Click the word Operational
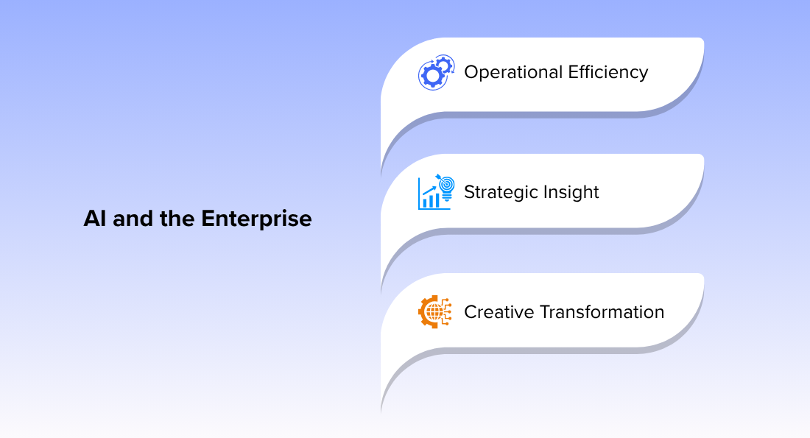pyautogui.click(x=513, y=73)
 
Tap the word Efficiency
pyautogui.click(x=608, y=73)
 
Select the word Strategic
pyautogui.click(x=501, y=193)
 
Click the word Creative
pyautogui.click(x=499, y=312)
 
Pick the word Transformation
pyautogui.click(x=602, y=312)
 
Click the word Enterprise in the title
pyautogui.click(x=256, y=219)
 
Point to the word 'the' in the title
pyautogui.click(x=177, y=219)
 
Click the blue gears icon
pyautogui.click(x=437, y=72)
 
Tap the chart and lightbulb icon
pyautogui.click(x=437, y=191)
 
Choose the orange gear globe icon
pyautogui.click(x=435, y=312)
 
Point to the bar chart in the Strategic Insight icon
pyautogui.click(x=431, y=199)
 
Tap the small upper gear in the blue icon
pyautogui.click(x=444, y=65)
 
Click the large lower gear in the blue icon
pyautogui.click(x=432, y=76)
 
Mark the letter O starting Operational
pyautogui.click(x=471, y=72)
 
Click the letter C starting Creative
pyautogui.click(x=470, y=312)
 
